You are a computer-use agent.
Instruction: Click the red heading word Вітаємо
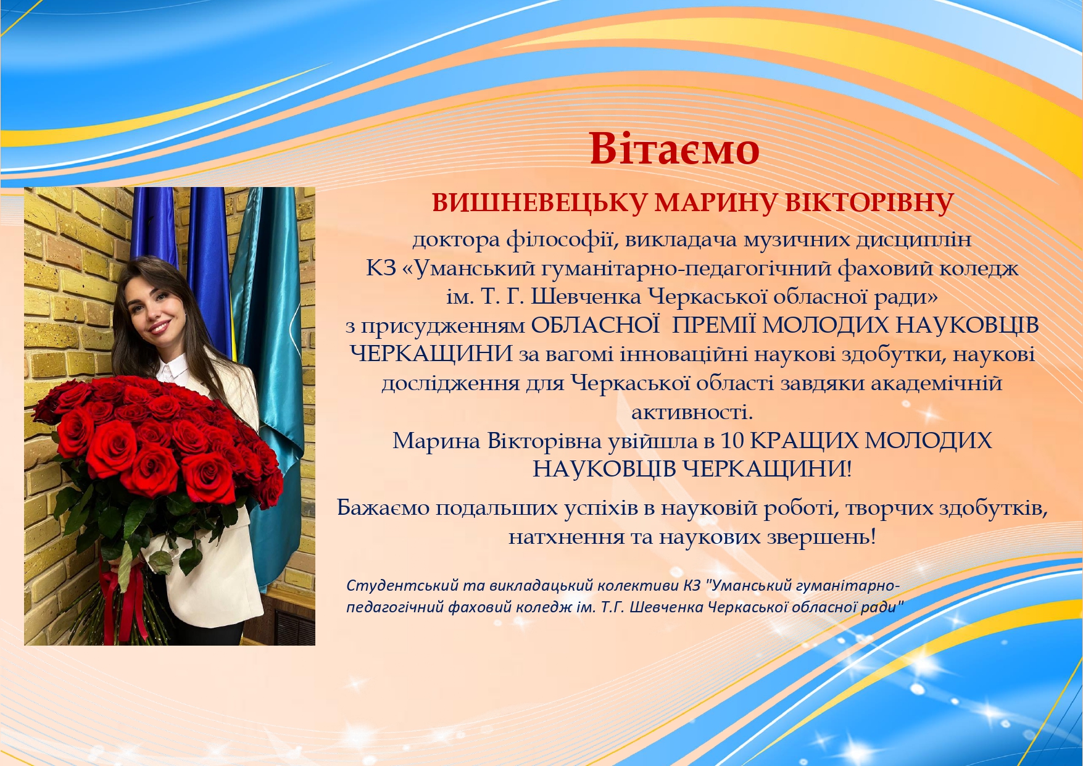(674, 149)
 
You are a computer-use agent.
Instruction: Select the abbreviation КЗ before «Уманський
(381, 269)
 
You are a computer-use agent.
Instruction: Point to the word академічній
(936, 383)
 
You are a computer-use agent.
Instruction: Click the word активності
(692, 412)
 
